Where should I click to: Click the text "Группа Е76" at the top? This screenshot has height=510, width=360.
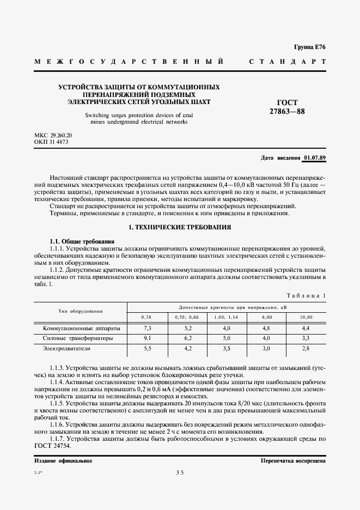click(x=310, y=48)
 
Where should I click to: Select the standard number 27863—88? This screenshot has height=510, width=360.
click(x=287, y=112)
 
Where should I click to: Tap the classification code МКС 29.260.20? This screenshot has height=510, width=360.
click(x=53, y=135)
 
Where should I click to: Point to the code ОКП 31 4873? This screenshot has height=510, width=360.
click(x=51, y=142)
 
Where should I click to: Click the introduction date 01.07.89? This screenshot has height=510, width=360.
click(x=315, y=158)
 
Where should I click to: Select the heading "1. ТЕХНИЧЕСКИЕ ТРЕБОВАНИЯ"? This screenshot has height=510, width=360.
click(x=179, y=227)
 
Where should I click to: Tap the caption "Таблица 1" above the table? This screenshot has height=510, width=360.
click(x=306, y=295)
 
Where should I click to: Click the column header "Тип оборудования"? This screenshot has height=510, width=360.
click(x=81, y=311)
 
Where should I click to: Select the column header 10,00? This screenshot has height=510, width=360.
click(x=306, y=317)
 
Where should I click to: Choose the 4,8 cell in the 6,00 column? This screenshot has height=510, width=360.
click(x=266, y=328)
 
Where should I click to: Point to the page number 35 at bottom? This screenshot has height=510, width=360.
click(x=180, y=473)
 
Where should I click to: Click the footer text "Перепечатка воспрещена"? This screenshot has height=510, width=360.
click(x=293, y=460)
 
